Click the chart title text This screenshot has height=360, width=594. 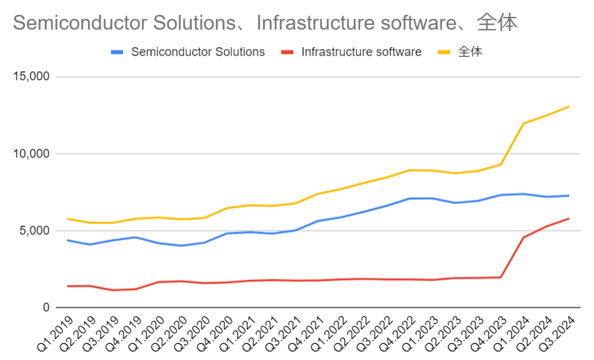(x=265, y=22)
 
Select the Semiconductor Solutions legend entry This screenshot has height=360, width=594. (x=188, y=52)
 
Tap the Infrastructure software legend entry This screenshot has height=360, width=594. (x=352, y=52)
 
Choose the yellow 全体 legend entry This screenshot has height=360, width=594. (x=460, y=52)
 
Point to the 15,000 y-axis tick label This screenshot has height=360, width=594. (x=32, y=77)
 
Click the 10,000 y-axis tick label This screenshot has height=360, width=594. (x=32, y=153)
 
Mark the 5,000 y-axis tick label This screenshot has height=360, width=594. (x=34, y=230)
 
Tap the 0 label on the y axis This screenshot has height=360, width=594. (x=46, y=308)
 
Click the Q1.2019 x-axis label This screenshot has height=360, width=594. (x=56, y=333)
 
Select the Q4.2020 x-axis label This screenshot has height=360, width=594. (x=215, y=333)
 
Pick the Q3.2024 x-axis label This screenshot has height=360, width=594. (x=557, y=333)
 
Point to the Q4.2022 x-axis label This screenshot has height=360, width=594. (x=398, y=333)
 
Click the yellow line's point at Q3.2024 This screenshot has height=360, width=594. (x=568, y=106)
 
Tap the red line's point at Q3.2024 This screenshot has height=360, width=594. (x=568, y=218)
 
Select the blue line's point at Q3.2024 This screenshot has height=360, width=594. (x=568, y=196)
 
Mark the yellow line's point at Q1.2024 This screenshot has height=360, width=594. (x=523, y=123)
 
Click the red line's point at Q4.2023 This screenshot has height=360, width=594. (x=500, y=277)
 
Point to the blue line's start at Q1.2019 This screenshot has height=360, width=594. (x=67, y=240)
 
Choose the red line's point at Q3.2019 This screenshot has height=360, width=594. (x=113, y=290)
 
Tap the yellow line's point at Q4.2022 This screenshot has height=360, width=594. (x=410, y=170)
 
